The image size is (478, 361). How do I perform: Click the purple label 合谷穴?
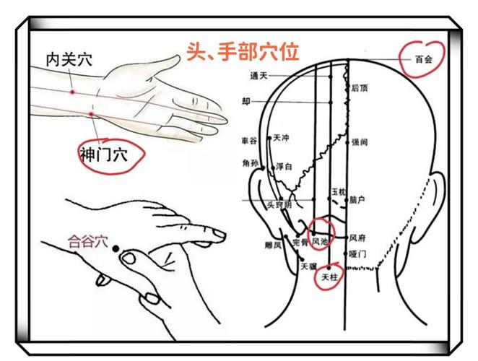[x=87, y=241]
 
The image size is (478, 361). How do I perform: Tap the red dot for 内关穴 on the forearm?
[x=72, y=92]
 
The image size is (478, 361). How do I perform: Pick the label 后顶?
[x=359, y=89]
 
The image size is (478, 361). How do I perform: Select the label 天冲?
[x=282, y=137]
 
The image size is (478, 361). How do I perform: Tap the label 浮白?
[x=284, y=167]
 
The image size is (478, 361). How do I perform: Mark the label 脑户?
[x=357, y=199]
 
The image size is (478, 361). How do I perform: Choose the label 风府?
[x=357, y=237]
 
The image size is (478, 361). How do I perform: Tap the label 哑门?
[x=357, y=254]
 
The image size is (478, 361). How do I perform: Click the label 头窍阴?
[x=279, y=205]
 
